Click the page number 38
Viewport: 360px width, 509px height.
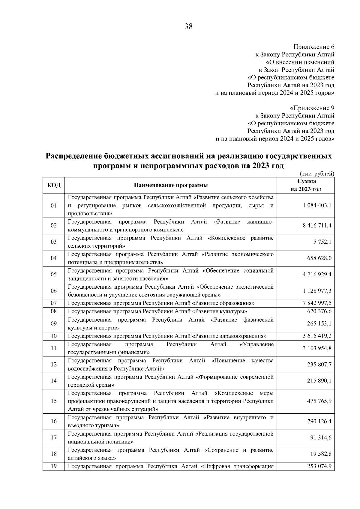pos(188,27)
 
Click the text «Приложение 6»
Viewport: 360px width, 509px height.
pos(313,47)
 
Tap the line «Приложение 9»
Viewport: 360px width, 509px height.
pos(312,108)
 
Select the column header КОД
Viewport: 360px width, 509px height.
pos(54,185)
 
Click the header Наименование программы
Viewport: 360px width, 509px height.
pos(171,185)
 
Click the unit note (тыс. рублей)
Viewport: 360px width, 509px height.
pos(317,173)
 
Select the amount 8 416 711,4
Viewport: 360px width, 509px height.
pos(317,226)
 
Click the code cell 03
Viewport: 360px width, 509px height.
pos(54,242)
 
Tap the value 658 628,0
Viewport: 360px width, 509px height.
pos(319,258)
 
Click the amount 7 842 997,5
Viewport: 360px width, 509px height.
pos(317,303)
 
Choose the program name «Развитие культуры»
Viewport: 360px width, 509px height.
pos(157,311)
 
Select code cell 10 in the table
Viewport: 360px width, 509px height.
pos(54,336)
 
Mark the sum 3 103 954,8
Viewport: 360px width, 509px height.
pos(317,348)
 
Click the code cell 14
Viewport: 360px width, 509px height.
pos(54,381)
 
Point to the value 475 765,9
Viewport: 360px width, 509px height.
pos(319,401)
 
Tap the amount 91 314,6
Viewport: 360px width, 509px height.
pos(321,438)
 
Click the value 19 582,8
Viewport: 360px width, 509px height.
pos(321,454)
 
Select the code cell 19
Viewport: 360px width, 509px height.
pos(54,466)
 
